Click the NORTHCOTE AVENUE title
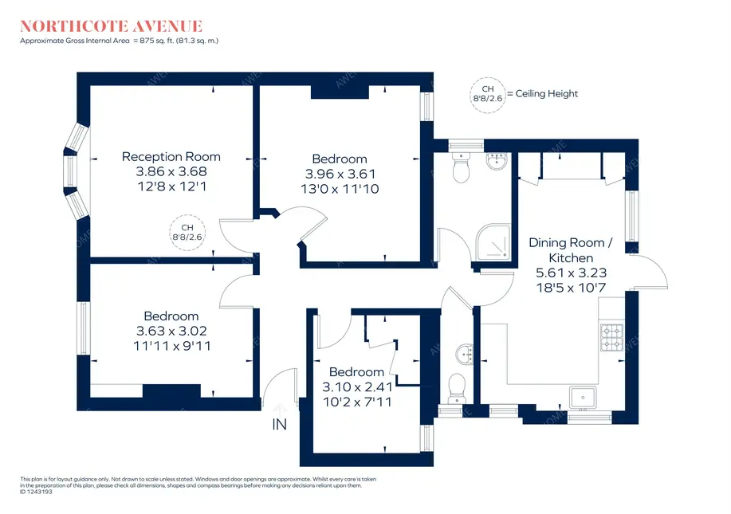(112, 26)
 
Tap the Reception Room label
(171, 156)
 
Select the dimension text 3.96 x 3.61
(340, 174)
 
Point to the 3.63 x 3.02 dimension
(171, 331)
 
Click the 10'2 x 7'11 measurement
(356, 402)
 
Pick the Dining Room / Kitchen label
(571, 250)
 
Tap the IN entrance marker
(280, 426)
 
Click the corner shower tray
(495, 238)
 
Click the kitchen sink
(584, 395)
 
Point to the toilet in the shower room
(460, 168)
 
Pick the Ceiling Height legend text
(546, 94)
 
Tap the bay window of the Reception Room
(77, 172)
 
